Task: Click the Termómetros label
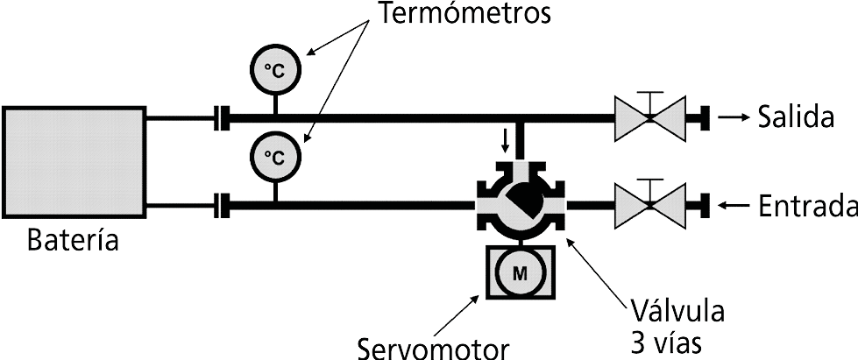point(464,15)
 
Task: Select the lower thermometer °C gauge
point(275,156)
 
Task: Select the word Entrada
point(806,207)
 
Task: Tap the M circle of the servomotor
point(520,272)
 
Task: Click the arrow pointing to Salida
point(734,117)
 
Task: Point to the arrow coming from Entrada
point(734,207)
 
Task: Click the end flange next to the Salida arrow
point(703,117)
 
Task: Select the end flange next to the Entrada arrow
point(703,207)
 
